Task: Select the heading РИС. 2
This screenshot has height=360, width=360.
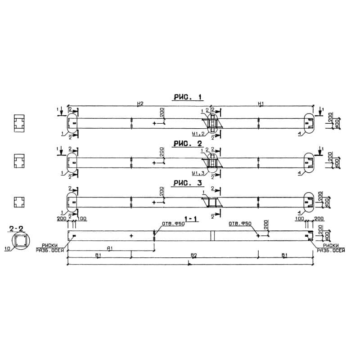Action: point(188,143)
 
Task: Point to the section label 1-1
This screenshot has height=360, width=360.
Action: point(191,219)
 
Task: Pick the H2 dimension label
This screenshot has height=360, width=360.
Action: point(140,104)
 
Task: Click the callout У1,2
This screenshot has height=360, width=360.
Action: point(198,134)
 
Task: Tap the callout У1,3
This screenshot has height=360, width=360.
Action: point(198,173)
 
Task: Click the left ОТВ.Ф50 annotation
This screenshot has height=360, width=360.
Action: point(170,224)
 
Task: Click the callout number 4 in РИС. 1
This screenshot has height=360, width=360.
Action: point(299,134)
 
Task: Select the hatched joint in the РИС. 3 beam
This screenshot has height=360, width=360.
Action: point(212,203)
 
